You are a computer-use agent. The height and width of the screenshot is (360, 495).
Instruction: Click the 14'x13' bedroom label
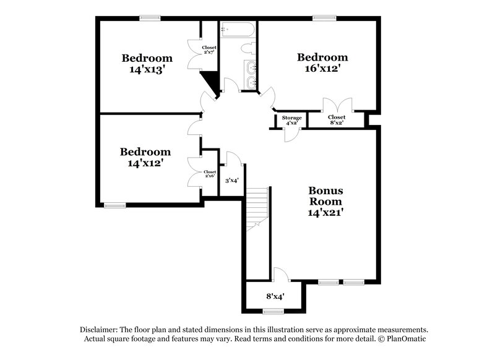click(x=147, y=64)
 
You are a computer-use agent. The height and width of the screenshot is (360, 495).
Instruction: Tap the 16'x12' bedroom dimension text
click(x=322, y=69)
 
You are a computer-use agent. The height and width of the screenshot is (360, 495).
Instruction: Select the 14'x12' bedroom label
click(x=145, y=157)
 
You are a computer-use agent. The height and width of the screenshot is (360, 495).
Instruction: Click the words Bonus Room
click(x=326, y=196)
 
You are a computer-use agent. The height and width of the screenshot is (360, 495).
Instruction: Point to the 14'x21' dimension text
click(x=326, y=212)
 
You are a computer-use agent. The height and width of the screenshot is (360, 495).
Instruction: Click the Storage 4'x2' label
click(x=291, y=120)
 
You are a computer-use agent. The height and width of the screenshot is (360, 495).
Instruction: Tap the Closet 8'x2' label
click(x=337, y=120)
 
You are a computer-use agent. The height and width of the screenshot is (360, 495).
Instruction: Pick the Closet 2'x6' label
click(x=210, y=174)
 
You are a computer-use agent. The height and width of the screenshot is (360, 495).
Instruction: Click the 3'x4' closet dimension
click(x=232, y=181)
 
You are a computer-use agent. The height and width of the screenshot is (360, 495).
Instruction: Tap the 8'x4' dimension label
click(x=274, y=296)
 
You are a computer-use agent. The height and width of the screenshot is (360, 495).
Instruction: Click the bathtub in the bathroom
click(x=237, y=30)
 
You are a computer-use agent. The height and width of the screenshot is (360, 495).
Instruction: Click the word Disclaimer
click(x=101, y=329)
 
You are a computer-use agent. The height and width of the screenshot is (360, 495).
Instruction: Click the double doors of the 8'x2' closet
click(x=337, y=104)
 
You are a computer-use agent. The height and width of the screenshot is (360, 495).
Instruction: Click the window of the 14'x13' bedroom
click(x=149, y=19)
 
